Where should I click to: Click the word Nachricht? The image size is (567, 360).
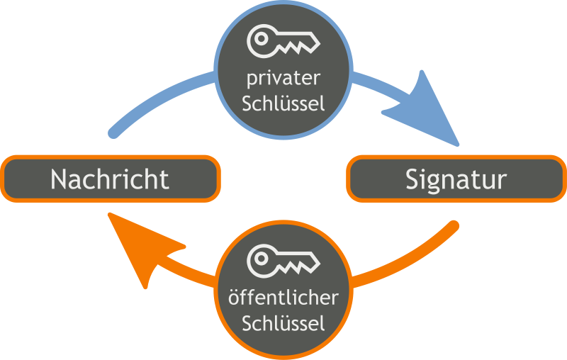pos(110,179)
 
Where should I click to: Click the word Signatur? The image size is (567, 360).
pos(456,179)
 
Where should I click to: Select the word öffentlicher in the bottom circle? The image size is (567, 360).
pos(283,298)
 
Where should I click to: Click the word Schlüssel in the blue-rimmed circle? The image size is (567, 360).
pos(283,103)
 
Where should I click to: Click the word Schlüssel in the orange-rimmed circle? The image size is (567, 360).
pos(283,324)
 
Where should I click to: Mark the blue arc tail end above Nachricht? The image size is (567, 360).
pos(113,131)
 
